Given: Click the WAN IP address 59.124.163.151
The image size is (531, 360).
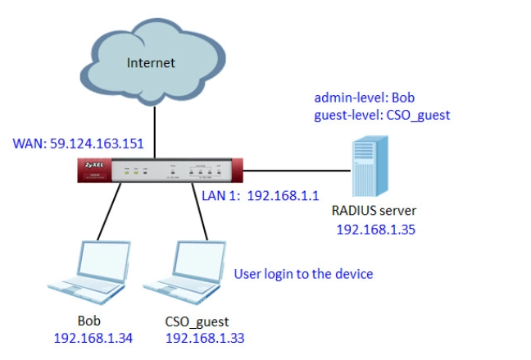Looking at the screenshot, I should click(x=79, y=144).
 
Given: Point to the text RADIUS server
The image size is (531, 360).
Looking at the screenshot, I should click(x=374, y=212).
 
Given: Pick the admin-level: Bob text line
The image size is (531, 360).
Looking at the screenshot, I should click(x=360, y=98).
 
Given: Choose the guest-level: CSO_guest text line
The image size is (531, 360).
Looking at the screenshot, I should click(x=382, y=115).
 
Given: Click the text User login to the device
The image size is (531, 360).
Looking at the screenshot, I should click(x=303, y=273).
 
